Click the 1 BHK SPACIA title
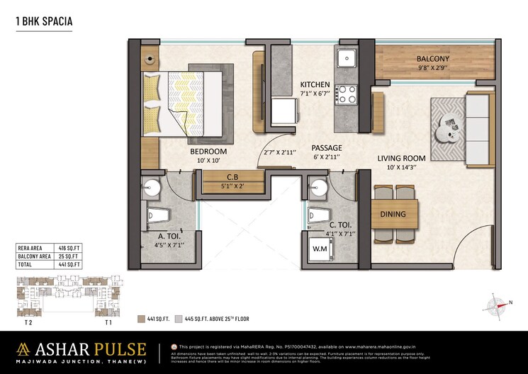pos(44,22)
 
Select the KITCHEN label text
pos(315,84)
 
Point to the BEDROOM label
pos(208,152)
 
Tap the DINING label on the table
pos(394,214)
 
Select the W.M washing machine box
pos(320,249)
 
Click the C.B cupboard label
pos(232,178)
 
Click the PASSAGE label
pos(327,148)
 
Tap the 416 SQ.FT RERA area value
pos(70,248)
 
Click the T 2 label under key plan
pos(28,322)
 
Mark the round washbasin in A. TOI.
pos(151,187)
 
